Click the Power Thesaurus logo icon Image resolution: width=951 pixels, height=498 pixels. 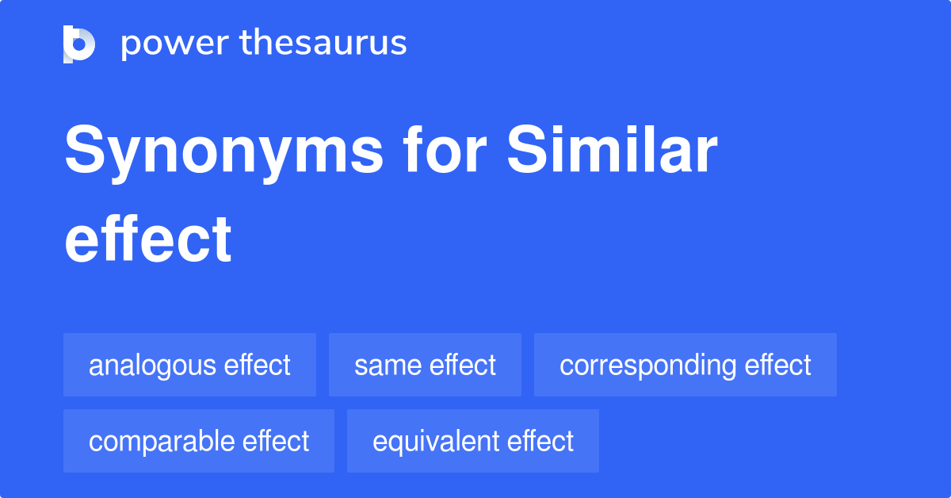(x=79, y=44)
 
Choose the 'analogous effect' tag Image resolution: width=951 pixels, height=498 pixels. (x=189, y=365)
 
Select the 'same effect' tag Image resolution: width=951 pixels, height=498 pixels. (x=425, y=365)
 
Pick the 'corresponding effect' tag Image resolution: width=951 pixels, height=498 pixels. (x=685, y=365)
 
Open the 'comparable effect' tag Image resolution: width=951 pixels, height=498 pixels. (x=199, y=441)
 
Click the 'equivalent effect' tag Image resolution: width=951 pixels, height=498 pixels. (x=473, y=441)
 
